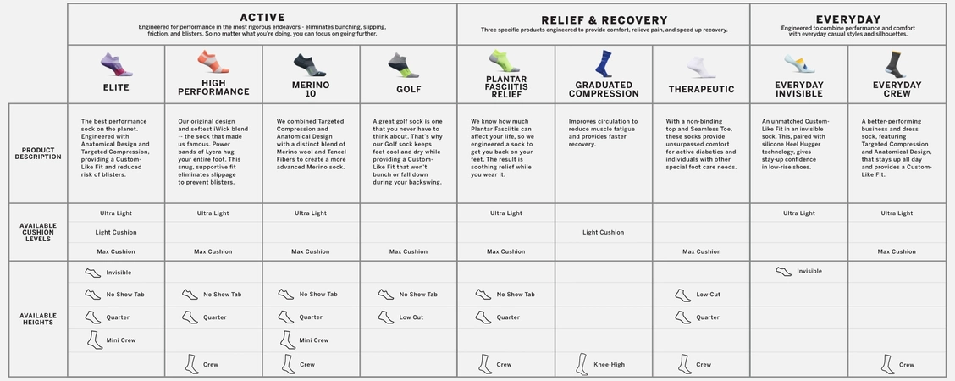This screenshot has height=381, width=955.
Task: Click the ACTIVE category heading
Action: coord(262,18)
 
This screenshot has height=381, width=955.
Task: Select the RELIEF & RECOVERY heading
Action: coord(604,20)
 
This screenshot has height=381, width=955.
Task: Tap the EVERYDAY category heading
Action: coord(847,19)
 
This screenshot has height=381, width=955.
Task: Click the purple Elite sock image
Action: coord(116,63)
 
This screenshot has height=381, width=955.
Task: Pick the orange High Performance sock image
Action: coord(213,62)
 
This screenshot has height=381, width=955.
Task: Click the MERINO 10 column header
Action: coord(311,89)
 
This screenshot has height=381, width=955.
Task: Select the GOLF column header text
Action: coord(409,89)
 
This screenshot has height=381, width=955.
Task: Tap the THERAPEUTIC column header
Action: coord(701,89)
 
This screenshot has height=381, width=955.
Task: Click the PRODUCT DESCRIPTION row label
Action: coord(38,153)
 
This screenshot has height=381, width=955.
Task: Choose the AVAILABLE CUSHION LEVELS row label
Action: coord(38,232)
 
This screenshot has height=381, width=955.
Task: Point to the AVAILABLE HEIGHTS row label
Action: coord(38,318)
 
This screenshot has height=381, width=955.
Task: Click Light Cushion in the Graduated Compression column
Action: coord(603,232)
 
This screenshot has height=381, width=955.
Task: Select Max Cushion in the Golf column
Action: coord(408,251)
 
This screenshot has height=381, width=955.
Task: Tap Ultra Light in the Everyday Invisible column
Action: coord(798,213)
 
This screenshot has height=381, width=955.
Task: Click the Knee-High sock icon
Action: coord(582,364)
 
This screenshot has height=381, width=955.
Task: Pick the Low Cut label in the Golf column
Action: coord(411,317)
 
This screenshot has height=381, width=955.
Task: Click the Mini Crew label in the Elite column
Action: coord(120,340)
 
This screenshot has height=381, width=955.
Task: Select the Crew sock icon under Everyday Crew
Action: coord(886,364)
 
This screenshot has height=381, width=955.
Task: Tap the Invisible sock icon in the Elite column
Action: coord(92,273)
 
